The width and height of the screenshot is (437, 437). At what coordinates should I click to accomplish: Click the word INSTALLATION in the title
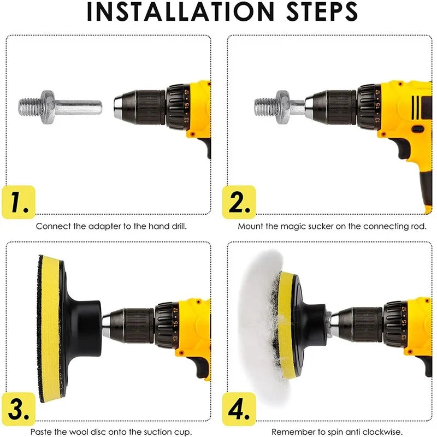point(181,11)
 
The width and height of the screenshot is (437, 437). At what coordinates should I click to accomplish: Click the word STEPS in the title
point(322,11)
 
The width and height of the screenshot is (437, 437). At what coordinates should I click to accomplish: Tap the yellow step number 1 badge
point(19,202)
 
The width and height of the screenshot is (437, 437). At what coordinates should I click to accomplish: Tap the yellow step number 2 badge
point(239,202)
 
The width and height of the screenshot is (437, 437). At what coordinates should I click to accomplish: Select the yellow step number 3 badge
point(19,409)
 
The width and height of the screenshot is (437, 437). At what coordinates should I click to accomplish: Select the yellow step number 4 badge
point(239,409)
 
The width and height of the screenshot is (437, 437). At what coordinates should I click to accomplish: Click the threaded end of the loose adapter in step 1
point(29,107)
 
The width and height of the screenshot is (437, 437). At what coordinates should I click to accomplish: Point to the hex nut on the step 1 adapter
point(48,107)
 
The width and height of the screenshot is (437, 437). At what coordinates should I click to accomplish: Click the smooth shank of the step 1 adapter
point(78,107)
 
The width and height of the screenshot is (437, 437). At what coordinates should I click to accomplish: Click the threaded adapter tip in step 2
point(265,107)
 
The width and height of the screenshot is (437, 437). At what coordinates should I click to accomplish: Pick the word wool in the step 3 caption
point(78,432)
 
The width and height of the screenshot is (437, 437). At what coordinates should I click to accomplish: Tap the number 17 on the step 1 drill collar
point(187,92)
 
